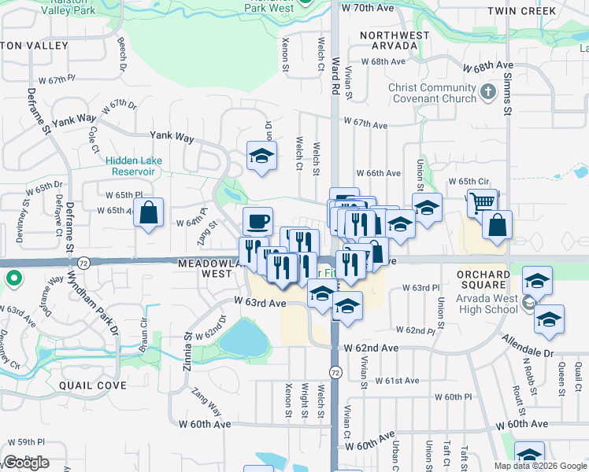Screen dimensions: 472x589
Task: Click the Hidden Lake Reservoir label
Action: pos(134,166)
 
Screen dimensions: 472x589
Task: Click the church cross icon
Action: pos(488,91)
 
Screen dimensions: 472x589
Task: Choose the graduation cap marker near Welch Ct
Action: pos(261,156)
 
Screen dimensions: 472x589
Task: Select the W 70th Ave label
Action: pos(367,7)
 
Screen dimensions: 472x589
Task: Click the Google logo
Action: pos(26,463)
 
